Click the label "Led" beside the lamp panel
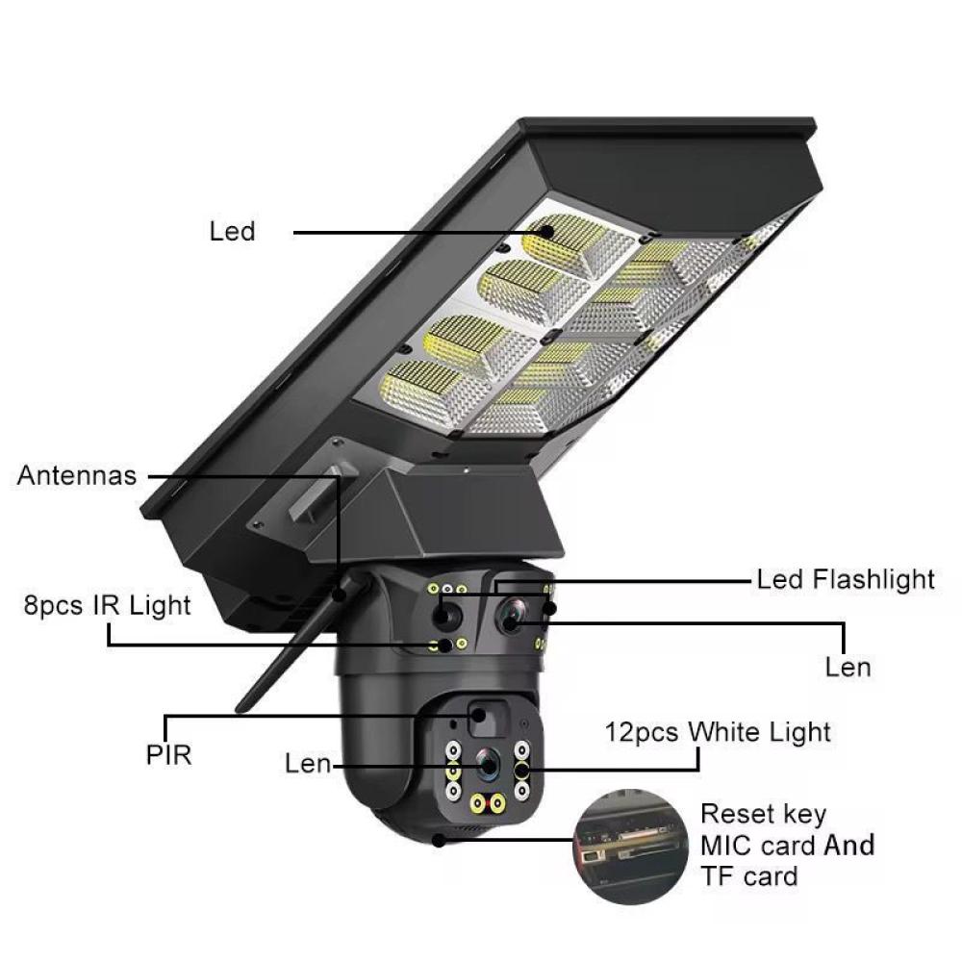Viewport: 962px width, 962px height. [232, 231]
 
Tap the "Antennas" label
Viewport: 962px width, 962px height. [77, 475]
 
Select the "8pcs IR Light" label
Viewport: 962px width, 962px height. [108, 605]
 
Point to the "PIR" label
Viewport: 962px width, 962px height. [168, 754]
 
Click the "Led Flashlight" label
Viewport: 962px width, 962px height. [846, 580]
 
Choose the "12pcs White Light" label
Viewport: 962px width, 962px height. [718, 732]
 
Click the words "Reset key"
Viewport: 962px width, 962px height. [763, 815]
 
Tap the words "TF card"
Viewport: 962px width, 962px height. [748, 876]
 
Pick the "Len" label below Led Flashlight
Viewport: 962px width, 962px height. [848, 668]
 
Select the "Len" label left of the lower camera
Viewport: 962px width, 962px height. [308, 764]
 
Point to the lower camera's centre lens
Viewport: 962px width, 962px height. [489, 765]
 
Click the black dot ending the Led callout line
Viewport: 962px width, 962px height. [546, 232]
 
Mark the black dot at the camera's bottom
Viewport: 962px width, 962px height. [438, 841]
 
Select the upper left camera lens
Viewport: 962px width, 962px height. [447, 616]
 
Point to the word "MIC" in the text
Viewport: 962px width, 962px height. [725, 846]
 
